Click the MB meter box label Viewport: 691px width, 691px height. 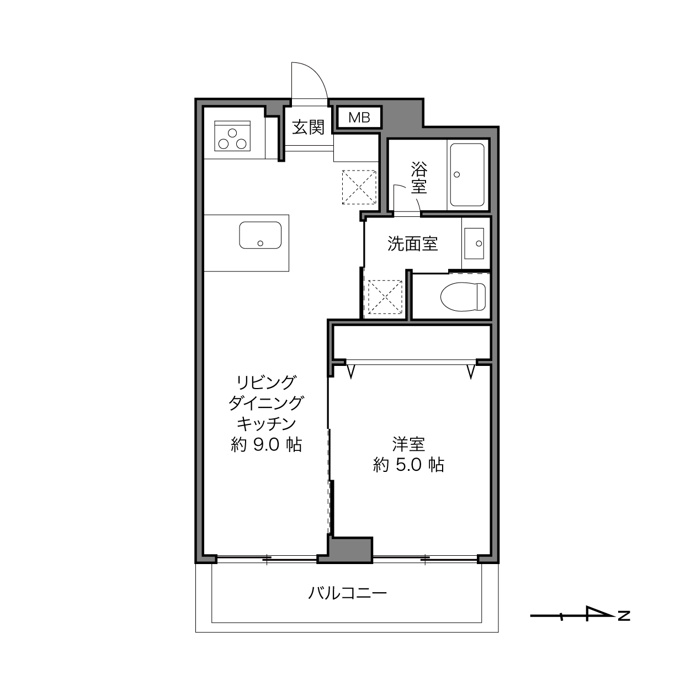point(359,118)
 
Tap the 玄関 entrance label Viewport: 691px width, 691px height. point(308,127)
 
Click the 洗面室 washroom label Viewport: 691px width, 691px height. point(412,244)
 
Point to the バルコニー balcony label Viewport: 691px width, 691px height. point(348,593)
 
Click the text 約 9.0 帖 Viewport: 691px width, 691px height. point(266,445)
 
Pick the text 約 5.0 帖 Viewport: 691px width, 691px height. point(408,465)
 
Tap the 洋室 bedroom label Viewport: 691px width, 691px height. point(408,444)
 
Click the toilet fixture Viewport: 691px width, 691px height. point(463,296)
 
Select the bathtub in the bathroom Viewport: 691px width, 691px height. point(467,174)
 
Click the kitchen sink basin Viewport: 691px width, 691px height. point(261,235)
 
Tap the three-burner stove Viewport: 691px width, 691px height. point(232,136)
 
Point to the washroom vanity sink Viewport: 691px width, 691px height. point(474,243)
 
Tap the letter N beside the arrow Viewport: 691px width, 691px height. point(624,616)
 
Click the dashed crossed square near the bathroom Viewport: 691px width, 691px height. point(359,187)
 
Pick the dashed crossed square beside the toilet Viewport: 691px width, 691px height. point(385,297)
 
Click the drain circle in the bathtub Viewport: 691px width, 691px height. point(456,174)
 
